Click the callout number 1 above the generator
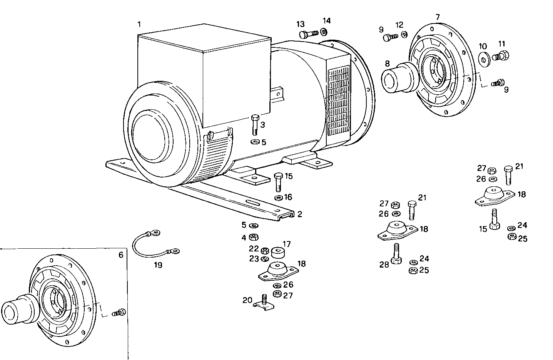(x=139, y=24)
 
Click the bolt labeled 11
(x=502, y=56)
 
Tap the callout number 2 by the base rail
(x=300, y=214)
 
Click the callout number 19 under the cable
(x=158, y=265)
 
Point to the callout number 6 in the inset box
(x=120, y=255)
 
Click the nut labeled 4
(x=254, y=237)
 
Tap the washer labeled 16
(x=278, y=198)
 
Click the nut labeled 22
(x=264, y=251)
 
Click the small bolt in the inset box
(x=119, y=313)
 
